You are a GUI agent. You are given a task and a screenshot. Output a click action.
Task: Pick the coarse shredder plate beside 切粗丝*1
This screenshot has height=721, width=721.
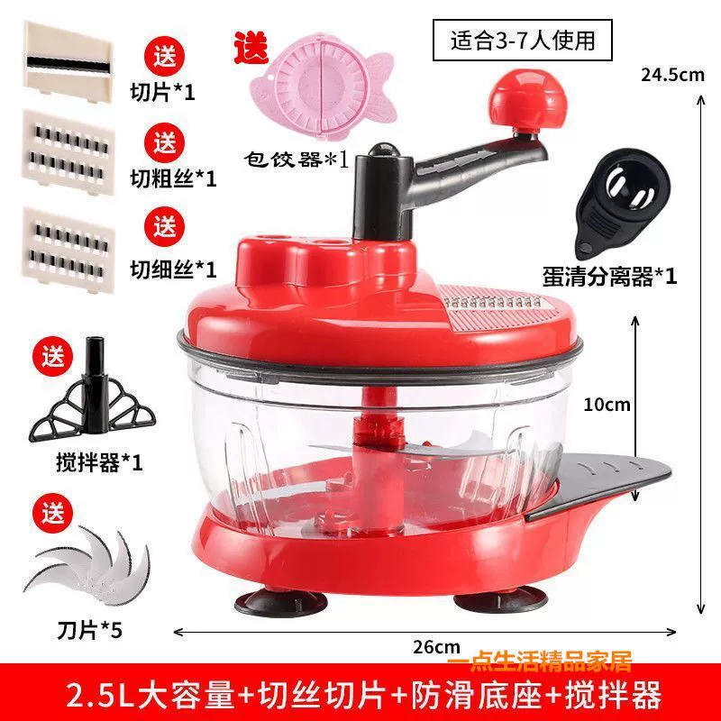pyautogui.click(x=68, y=152)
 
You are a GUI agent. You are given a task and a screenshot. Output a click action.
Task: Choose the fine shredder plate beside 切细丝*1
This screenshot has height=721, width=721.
pyautogui.click(x=68, y=249)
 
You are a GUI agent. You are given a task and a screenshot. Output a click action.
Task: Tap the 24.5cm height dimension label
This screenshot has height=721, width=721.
pyautogui.click(x=672, y=75)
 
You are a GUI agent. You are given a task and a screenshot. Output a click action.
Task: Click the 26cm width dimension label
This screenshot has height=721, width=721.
pyautogui.click(x=436, y=646)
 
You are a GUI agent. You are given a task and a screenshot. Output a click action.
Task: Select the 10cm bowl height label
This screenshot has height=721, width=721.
pyautogui.click(x=607, y=405)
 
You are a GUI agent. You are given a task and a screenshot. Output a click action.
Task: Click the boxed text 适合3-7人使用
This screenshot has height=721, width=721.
pyautogui.click(x=523, y=41)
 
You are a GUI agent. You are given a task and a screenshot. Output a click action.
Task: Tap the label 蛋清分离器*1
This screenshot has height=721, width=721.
pyautogui.click(x=609, y=277)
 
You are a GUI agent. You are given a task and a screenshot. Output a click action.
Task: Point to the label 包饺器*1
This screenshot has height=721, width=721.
pyautogui.click(x=297, y=160)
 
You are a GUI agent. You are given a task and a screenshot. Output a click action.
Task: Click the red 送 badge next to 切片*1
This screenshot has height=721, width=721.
pyautogui.click(x=165, y=56)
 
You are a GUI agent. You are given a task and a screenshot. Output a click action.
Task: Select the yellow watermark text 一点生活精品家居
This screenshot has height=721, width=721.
pyautogui.click(x=539, y=661)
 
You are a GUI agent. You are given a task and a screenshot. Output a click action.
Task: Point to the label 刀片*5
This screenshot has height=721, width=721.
pyautogui.click(x=89, y=629)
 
